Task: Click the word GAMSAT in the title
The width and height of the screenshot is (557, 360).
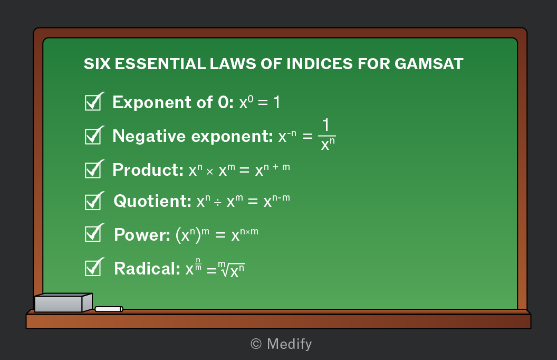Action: coord(429,64)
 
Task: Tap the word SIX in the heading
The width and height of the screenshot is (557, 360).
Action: coord(97,64)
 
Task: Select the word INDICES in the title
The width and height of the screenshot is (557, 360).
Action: coord(319,64)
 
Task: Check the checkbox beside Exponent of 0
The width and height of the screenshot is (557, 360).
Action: coord(94,102)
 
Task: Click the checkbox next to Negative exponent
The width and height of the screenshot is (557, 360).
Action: coord(94,136)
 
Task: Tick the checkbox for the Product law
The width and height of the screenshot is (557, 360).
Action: coord(94,169)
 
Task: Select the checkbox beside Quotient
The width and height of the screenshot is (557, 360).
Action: coord(94,201)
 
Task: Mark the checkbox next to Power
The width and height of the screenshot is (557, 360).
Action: coord(94,233)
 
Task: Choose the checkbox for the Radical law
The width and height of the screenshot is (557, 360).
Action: coord(94,267)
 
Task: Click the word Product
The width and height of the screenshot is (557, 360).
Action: coord(148,170)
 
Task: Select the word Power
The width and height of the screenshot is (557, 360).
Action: coord(142,235)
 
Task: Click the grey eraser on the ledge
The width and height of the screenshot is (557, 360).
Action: coord(63,302)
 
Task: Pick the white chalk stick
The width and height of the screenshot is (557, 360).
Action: coord(109,309)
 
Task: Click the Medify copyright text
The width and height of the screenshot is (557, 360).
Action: coord(281,344)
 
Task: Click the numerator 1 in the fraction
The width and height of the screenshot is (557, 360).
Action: coord(326,125)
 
